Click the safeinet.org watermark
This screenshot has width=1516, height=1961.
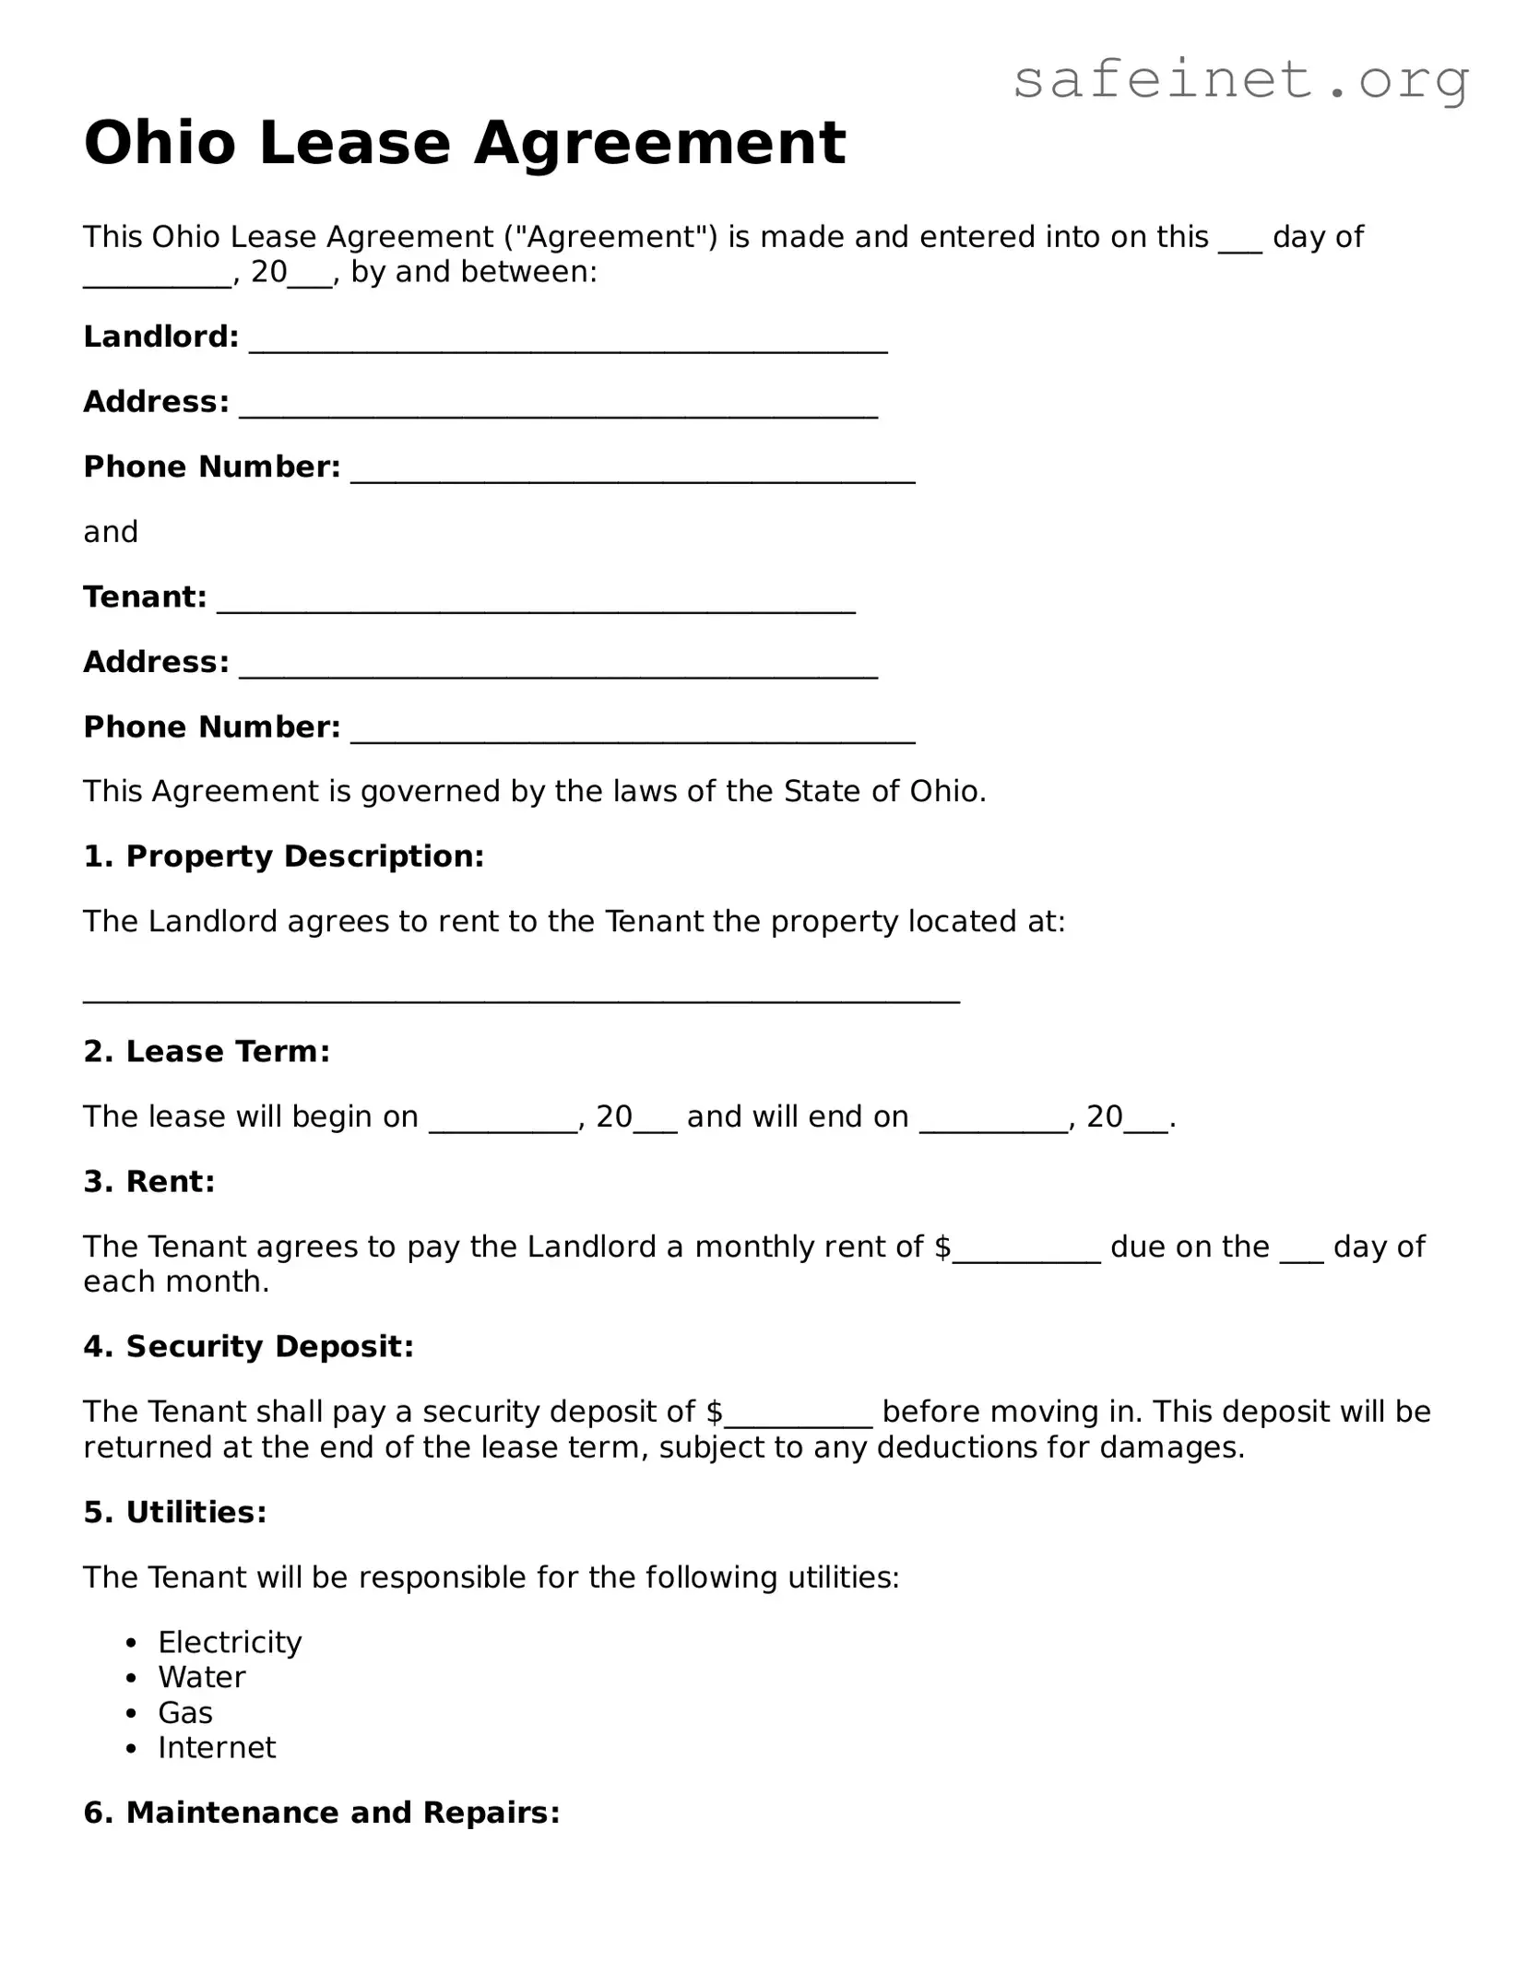(x=1240, y=80)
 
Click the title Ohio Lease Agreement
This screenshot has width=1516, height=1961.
(x=465, y=144)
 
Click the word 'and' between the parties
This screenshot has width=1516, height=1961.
(x=111, y=532)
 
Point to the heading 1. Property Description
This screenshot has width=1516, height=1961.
(x=283, y=856)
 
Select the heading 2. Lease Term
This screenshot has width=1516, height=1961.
(x=207, y=1051)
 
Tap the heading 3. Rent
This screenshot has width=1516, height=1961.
(x=149, y=1181)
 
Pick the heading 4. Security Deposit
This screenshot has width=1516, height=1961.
(x=248, y=1347)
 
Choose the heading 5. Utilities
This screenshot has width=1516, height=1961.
(x=174, y=1512)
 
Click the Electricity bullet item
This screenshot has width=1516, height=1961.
(x=230, y=1642)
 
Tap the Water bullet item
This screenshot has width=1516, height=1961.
(x=202, y=1677)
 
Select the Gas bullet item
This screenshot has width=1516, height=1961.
(x=185, y=1712)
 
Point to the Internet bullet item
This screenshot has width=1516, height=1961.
(x=217, y=1747)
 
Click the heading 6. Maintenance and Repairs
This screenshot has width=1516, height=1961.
(x=322, y=1813)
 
